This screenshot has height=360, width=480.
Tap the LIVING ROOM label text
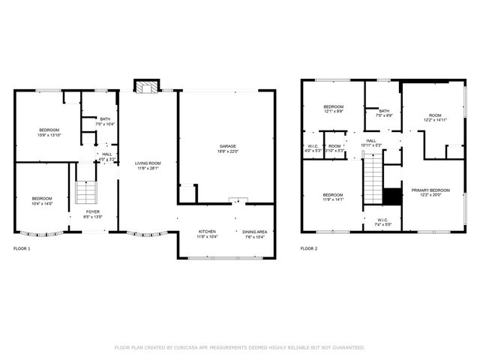pyautogui.click(x=148, y=163)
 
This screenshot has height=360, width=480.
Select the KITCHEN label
pyautogui.click(x=208, y=232)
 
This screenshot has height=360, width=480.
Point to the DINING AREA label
pyautogui.click(x=256, y=232)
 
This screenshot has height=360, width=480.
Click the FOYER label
pyautogui.click(x=92, y=212)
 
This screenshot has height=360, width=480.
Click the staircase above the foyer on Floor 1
pyautogui.click(x=85, y=193)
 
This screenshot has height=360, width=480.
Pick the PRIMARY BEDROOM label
pyautogui.click(x=430, y=190)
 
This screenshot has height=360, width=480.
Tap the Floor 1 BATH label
pyautogui.click(x=105, y=118)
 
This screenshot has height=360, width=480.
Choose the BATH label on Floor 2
pyautogui.click(x=384, y=111)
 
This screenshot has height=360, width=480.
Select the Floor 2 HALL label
pyautogui.click(x=371, y=140)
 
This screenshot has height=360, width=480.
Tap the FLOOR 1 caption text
pyautogui.click(x=22, y=247)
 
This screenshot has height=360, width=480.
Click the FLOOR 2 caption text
pyautogui.click(x=309, y=247)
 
